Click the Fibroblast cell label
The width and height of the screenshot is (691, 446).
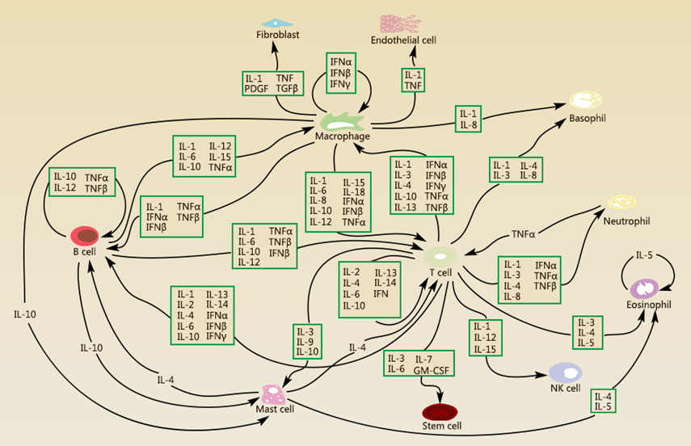(x=277, y=36)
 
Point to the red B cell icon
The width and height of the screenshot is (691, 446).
(x=85, y=236)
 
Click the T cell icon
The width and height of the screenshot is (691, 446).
(x=442, y=255)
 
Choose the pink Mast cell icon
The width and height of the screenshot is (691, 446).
(x=273, y=394)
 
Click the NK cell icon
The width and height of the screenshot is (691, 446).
(x=565, y=372)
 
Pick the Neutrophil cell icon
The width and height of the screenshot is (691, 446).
(x=621, y=202)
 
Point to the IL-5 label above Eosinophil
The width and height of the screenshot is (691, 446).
(x=644, y=255)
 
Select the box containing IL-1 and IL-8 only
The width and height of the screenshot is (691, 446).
(x=469, y=117)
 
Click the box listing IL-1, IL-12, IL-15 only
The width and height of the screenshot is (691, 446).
(x=485, y=337)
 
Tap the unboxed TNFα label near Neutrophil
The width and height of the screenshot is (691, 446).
(x=523, y=234)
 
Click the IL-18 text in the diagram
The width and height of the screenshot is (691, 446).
(x=353, y=191)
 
